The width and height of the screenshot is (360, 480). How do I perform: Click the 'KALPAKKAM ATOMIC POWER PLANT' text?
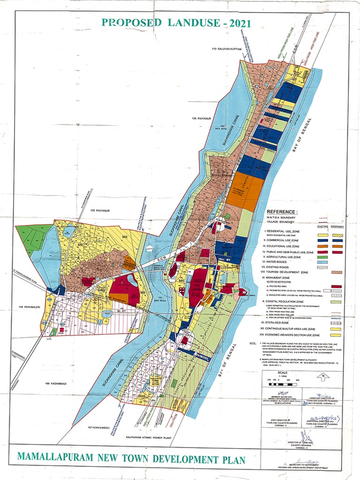pos(150,436)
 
